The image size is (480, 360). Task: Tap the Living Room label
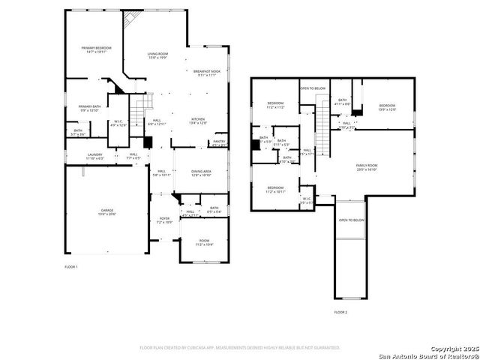(x=157, y=55)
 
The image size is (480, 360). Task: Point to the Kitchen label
(x=198, y=121)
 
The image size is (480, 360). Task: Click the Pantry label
(x=219, y=142)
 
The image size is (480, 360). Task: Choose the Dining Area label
(x=201, y=173)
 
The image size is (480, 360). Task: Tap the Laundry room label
(x=94, y=157)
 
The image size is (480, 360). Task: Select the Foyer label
(x=164, y=221)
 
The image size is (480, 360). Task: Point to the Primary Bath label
(x=89, y=108)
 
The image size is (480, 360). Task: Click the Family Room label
(x=366, y=167)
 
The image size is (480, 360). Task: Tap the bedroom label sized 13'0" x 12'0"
(x=386, y=107)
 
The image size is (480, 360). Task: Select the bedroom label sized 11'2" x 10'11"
(x=275, y=189)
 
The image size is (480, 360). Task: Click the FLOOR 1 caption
(x=71, y=267)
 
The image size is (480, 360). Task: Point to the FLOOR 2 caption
(x=340, y=311)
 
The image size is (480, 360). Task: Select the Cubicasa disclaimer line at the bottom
(x=240, y=347)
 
